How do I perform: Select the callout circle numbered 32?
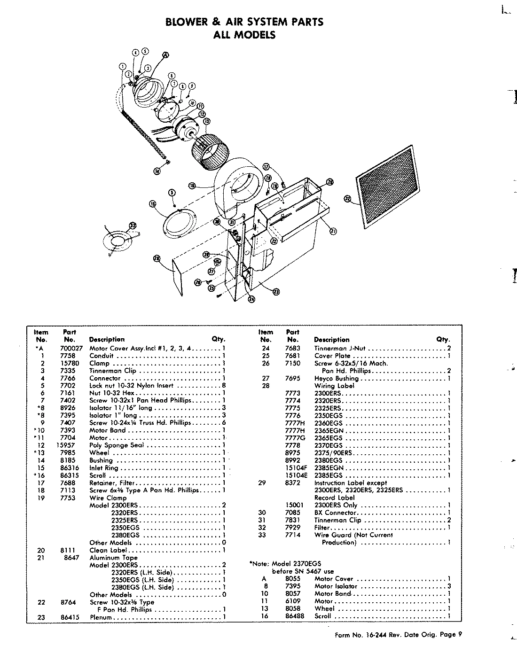347,199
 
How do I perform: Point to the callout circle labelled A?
165,54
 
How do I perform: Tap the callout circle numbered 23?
276,291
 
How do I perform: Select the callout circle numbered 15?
152,203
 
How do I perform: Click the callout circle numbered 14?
157,171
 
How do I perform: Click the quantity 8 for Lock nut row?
224,386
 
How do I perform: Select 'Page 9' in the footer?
452,635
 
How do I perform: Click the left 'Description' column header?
107,339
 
